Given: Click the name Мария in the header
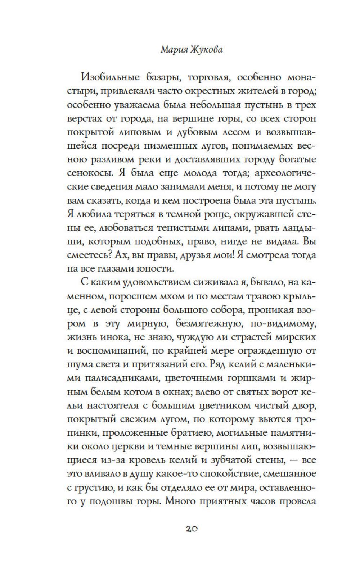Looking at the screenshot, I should pos(174,50).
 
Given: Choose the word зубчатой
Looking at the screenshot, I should pos(240,460).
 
